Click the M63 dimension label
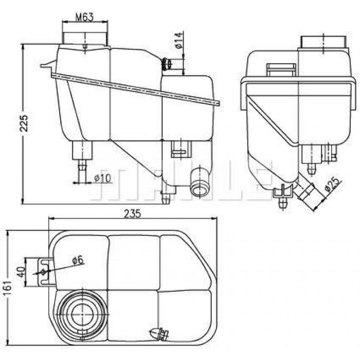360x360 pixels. (x=85, y=17)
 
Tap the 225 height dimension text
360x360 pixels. (x=24, y=123)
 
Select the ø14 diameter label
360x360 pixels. (x=179, y=41)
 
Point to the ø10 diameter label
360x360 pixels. (x=103, y=178)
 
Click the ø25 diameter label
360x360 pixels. (x=332, y=184)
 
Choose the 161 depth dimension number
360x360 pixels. (x=8, y=288)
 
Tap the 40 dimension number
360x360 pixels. (x=21, y=272)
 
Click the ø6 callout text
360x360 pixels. (x=78, y=260)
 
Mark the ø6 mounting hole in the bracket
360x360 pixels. (x=43, y=272)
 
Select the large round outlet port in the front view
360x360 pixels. (x=200, y=182)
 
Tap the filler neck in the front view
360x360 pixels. (x=85, y=39)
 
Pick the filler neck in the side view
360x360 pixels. (x=323, y=42)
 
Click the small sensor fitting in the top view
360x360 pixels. (x=159, y=333)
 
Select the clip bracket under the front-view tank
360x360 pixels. (x=181, y=149)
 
